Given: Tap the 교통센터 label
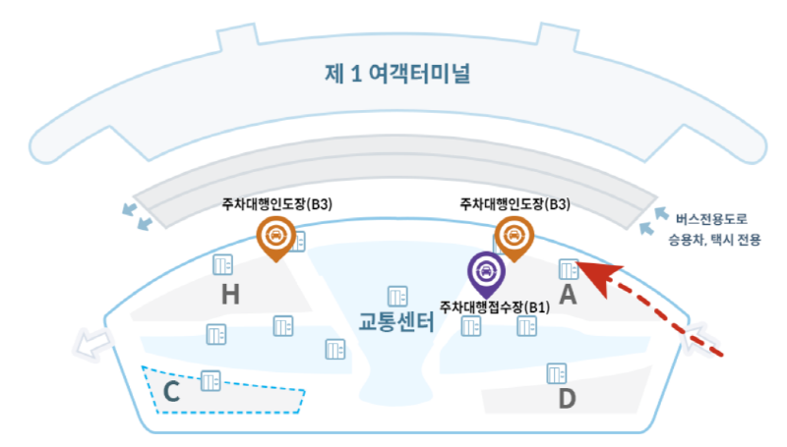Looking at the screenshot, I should tap(395, 321).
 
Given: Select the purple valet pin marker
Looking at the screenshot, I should tap(483, 271).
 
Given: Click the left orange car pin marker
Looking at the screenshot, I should tap(276, 237).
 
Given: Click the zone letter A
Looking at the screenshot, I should tap(568, 294).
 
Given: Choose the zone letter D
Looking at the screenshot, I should tap(567, 399).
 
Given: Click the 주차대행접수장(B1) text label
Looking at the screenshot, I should tap(495, 306).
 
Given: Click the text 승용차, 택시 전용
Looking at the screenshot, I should tap(712, 239).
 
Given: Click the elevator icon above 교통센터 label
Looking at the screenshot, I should tap(397, 295).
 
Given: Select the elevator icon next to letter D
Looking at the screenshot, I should tap(557, 373).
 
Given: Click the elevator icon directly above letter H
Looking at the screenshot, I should tap(222, 264).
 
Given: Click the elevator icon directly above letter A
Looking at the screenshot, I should tap(568, 267).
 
